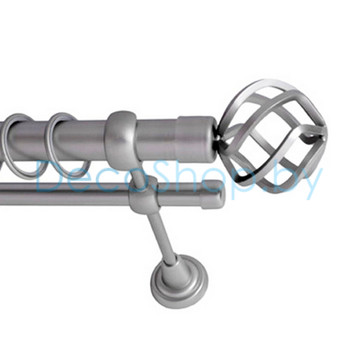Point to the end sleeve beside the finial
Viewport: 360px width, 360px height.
pyautogui.click(x=197, y=139)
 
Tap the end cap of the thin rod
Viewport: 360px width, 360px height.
pyautogui.click(x=211, y=195)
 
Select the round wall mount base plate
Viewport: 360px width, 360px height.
pyautogui.click(x=179, y=282)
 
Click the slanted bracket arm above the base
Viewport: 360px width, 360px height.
pyautogui.click(x=162, y=238)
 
